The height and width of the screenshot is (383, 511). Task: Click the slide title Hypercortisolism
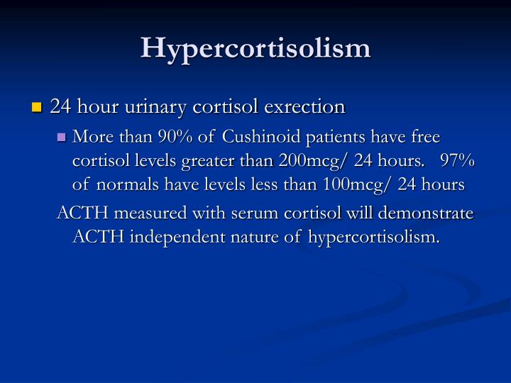[255, 48]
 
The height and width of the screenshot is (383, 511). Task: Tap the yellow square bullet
[38, 109]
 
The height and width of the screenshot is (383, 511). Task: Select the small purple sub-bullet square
[62, 137]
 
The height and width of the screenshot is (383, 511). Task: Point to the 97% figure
[457, 160]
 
